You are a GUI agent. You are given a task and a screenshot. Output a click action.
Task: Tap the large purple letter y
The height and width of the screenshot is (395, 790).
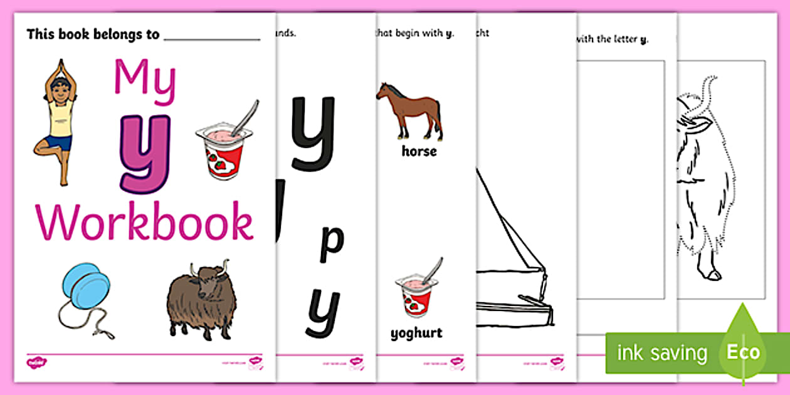145,152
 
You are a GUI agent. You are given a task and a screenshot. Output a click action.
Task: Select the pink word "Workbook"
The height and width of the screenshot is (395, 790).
145,221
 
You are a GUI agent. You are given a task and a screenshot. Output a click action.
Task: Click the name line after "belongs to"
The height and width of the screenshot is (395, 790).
211,36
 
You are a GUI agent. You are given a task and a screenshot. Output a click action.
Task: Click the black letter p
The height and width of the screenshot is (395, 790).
332,244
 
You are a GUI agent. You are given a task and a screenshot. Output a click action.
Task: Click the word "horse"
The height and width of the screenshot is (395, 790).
419,151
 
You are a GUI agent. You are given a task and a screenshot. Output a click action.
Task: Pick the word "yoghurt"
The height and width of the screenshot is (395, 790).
416,333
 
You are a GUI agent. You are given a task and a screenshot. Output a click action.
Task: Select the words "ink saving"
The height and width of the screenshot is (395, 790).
662,352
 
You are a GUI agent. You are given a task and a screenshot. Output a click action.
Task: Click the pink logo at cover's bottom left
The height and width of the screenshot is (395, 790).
33,361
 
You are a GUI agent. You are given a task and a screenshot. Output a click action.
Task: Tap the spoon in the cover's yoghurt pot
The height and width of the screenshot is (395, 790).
245,115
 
